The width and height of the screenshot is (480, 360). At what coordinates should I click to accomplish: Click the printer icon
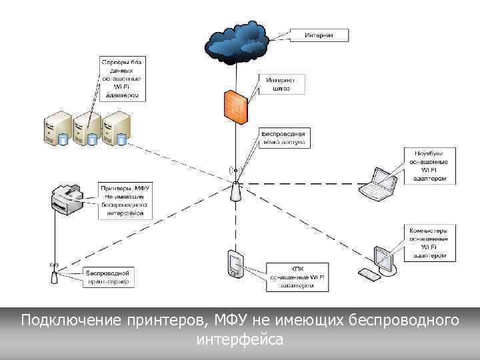click(x=67, y=200)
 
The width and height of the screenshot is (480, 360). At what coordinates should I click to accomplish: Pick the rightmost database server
click(x=115, y=129)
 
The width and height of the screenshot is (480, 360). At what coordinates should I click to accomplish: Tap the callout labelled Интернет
click(x=319, y=35)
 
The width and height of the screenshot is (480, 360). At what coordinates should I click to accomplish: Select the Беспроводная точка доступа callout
click(x=283, y=137)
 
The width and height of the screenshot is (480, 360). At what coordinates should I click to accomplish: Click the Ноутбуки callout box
click(x=430, y=165)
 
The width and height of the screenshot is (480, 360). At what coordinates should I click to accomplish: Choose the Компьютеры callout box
click(x=430, y=243)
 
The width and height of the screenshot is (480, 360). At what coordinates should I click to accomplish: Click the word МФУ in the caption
click(x=235, y=321)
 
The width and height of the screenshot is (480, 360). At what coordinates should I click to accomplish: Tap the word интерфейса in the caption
click(x=240, y=340)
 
